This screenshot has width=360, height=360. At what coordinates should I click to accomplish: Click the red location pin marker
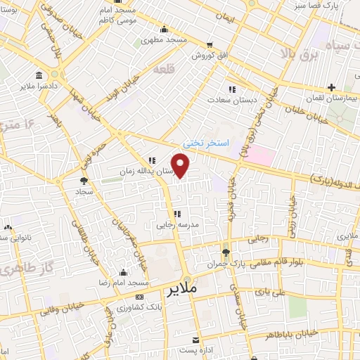coord(181,166)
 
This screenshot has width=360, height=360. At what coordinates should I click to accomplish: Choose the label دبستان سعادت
coord(231,101)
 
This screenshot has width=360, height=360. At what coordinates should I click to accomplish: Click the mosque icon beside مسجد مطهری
coord(165,30)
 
